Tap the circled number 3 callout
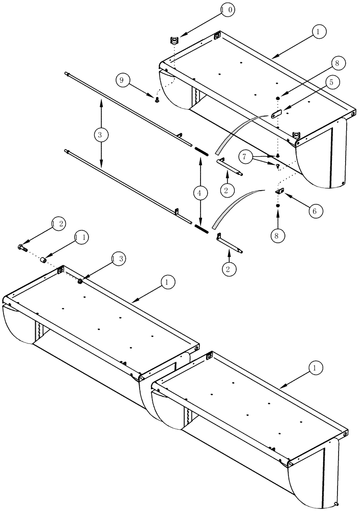pos(101,135)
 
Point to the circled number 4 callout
pos(200,193)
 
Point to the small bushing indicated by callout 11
pos(44,261)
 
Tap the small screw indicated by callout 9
pos(157,101)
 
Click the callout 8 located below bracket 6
pos(278,236)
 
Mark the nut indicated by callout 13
pos(81,281)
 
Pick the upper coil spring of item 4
pos(201,151)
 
